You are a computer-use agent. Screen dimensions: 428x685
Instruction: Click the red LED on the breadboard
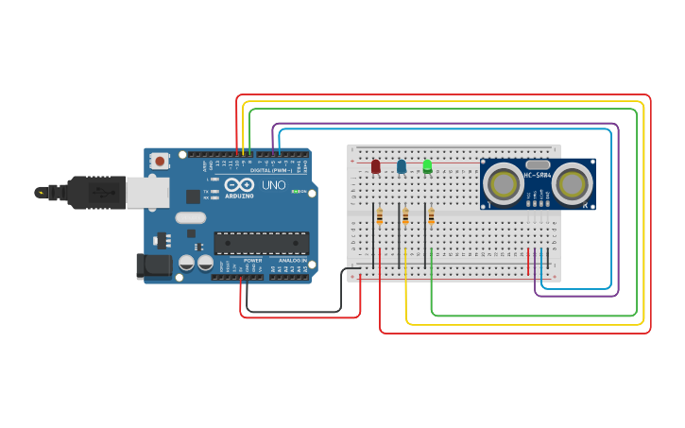coord(375,166)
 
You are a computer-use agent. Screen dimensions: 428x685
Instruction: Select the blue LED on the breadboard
coord(402,166)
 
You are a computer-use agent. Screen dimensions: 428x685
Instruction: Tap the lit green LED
coord(427,166)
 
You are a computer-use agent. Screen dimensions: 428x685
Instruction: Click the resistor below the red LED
coord(380,217)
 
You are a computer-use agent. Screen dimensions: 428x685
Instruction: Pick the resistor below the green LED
coord(431,217)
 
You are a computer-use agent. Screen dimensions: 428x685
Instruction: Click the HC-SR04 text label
coord(538,175)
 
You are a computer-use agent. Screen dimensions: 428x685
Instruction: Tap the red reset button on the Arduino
coord(160,161)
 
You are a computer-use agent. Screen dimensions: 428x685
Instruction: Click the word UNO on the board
coord(273,185)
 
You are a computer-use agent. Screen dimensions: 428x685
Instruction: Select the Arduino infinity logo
coord(239,185)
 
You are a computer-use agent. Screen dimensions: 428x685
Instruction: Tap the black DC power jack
coord(153,266)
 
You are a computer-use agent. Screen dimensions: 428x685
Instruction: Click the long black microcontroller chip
coord(261,243)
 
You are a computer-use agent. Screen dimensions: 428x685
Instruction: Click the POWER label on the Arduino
coord(252,260)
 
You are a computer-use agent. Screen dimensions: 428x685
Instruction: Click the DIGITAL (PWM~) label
coord(270,170)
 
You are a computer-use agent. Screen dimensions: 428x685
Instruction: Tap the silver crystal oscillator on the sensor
coord(538,164)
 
